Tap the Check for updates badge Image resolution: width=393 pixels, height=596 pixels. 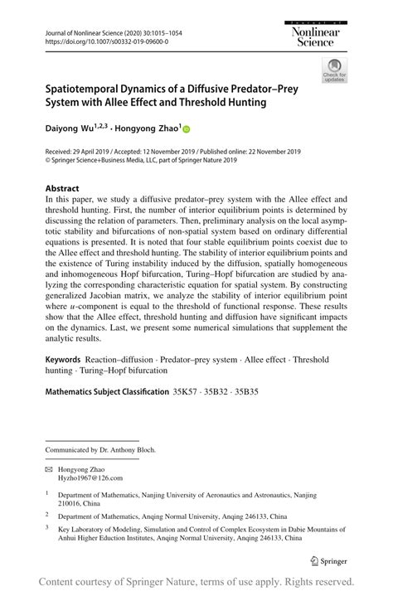point(335,70)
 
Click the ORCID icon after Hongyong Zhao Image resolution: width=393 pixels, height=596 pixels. point(187,129)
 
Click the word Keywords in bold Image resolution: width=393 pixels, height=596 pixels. point(62,361)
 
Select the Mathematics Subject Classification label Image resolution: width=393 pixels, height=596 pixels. point(106,390)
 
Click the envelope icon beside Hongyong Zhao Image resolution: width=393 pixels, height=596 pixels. point(49,468)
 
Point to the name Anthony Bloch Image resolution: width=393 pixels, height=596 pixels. point(131,450)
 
